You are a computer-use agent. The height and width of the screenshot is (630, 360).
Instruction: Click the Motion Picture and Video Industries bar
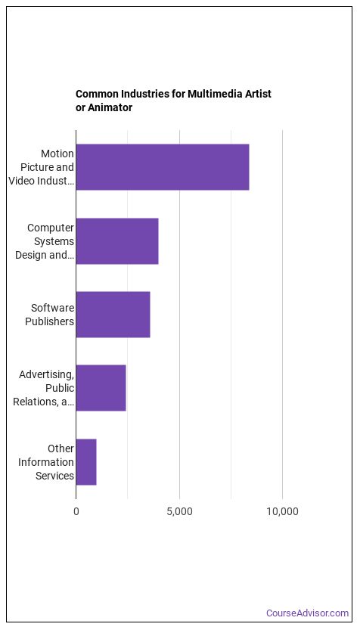[x=163, y=167]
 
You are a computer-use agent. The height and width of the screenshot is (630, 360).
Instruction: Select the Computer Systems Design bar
[x=117, y=241]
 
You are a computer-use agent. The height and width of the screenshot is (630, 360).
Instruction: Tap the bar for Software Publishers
[x=113, y=314]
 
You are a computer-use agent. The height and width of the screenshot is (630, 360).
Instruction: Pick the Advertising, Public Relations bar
[x=101, y=388]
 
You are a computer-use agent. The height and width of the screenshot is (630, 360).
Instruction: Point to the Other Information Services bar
[x=86, y=461]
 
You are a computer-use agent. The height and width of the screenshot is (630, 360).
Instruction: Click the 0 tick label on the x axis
[x=76, y=511]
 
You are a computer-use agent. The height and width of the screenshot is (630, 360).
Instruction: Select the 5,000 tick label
[x=179, y=511]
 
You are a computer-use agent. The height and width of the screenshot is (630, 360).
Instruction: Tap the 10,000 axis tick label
[x=282, y=511]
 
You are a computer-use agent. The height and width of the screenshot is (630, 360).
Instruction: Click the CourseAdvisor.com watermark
[x=307, y=613]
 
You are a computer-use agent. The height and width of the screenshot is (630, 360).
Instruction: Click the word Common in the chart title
[x=98, y=94]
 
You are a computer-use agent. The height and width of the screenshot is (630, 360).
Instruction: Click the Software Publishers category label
[x=52, y=315]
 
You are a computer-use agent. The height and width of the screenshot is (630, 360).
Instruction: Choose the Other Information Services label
[x=54, y=461]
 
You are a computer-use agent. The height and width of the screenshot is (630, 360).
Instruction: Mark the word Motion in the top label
[x=57, y=154]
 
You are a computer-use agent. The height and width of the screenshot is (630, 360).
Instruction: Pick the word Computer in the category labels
[x=51, y=227]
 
